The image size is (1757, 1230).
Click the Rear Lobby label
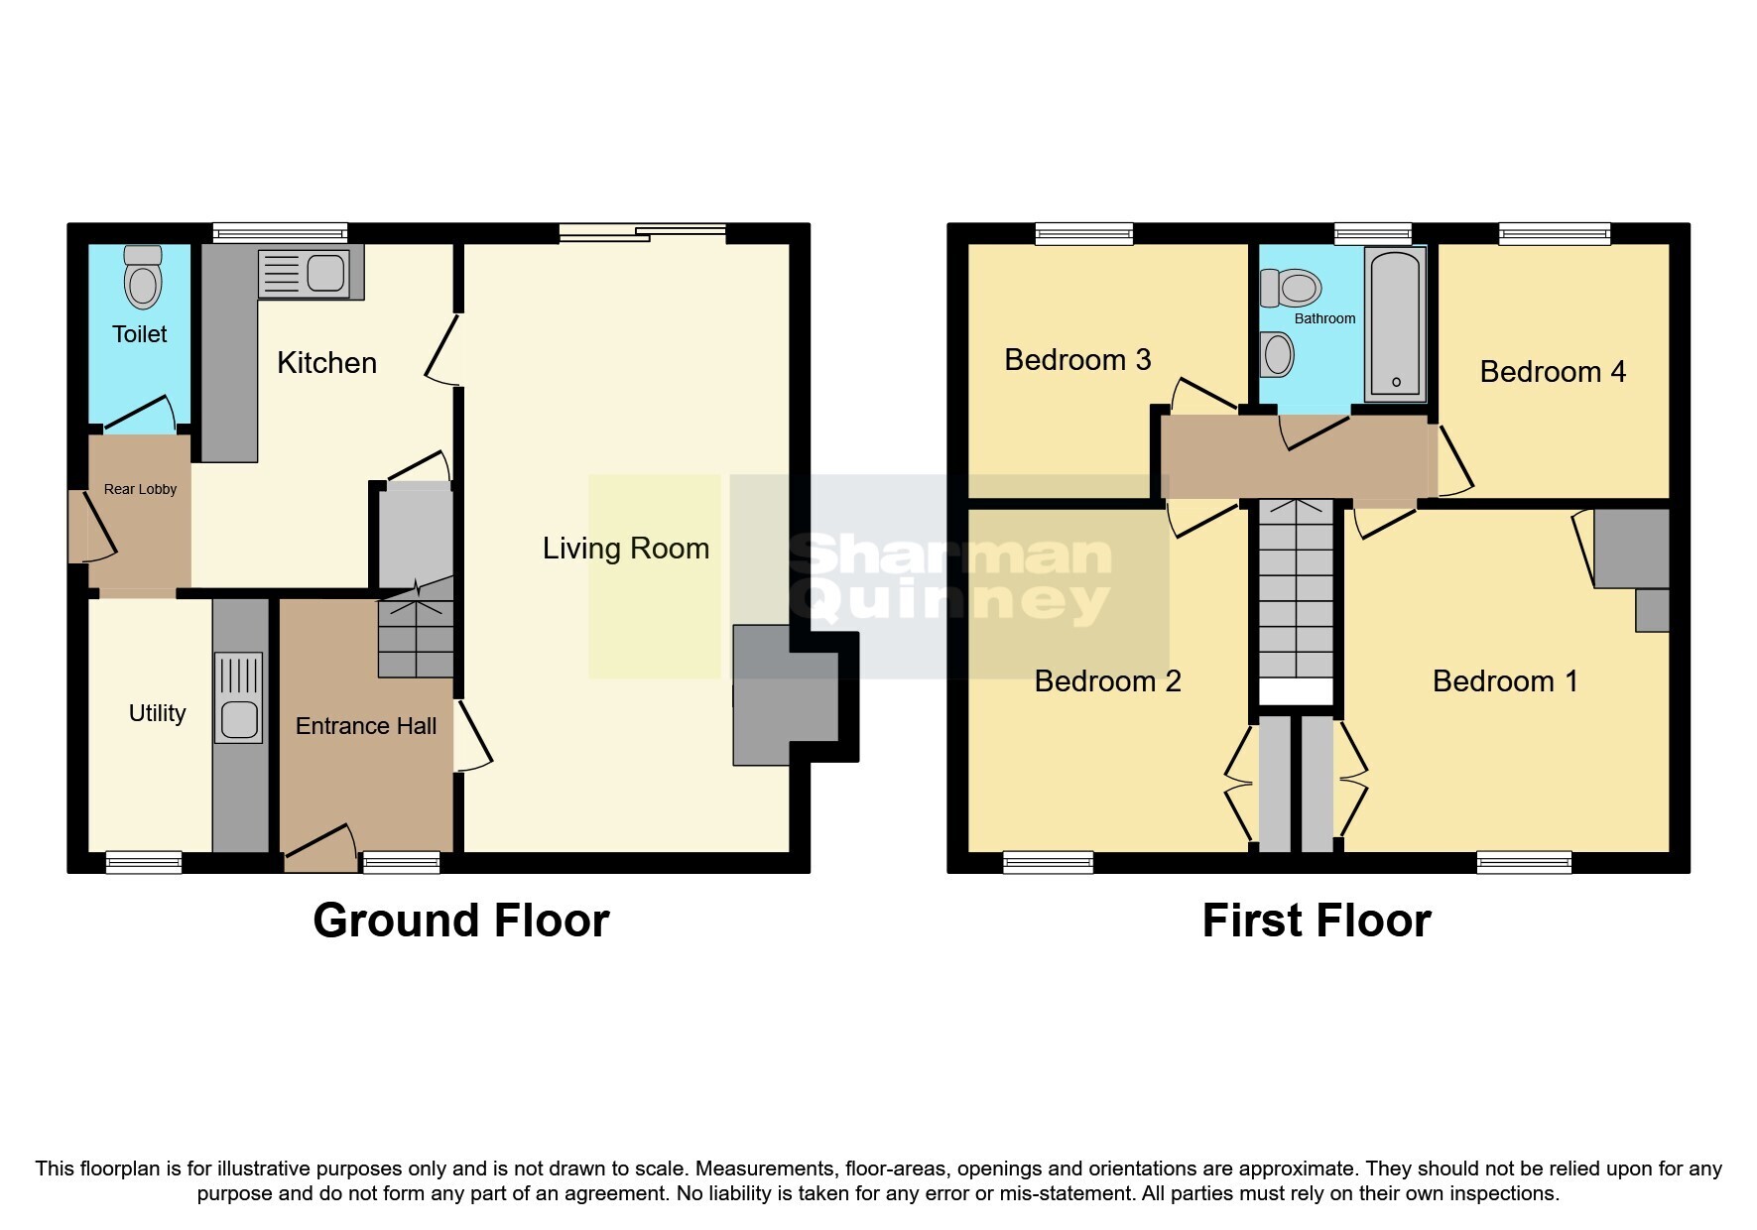(x=140, y=489)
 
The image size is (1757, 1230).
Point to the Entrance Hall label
(x=365, y=726)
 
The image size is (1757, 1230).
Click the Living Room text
(x=625, y=549)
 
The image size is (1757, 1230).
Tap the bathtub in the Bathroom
(x=1396, y=323)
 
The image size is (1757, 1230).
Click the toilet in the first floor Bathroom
(x=1291, y=289)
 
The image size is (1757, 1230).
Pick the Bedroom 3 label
(x=1077, y=359)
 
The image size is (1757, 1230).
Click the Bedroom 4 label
(x=1552, y=372)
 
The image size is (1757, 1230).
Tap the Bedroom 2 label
(x=1107, y=681)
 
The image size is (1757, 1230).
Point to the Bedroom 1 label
(x=1504, y=681)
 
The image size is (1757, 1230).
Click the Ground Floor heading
(x=460, y=921)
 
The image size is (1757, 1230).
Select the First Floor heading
(x=1316, y=921)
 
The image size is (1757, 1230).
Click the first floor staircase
(x=1297, y=595)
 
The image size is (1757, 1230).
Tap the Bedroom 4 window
(x=1554, y=234)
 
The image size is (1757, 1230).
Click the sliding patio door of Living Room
(x=642, y=233)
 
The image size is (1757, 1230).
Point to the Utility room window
(x=144, y=861)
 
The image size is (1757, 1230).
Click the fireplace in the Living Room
(x=784, y=694)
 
